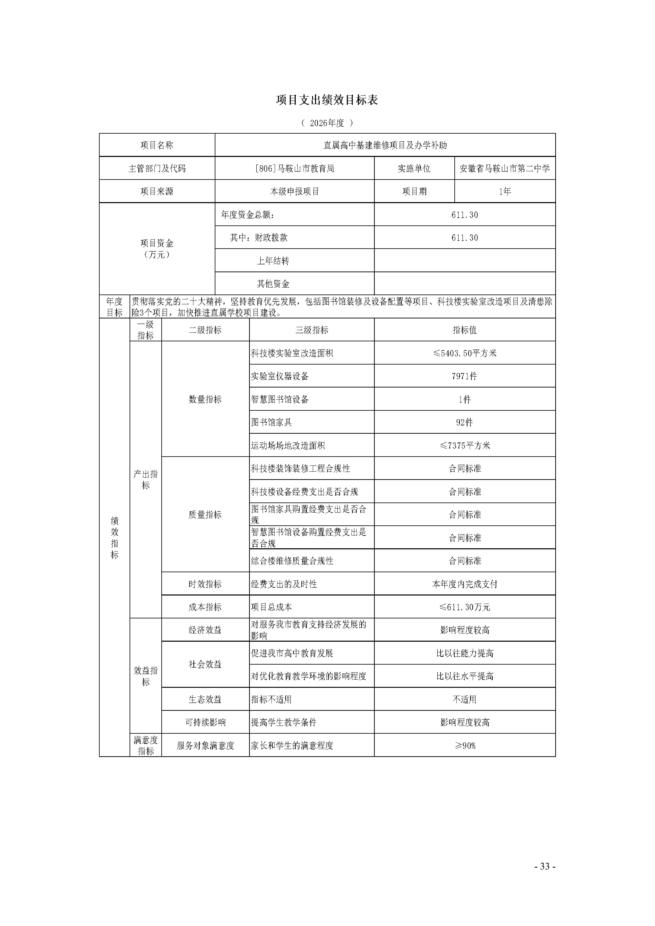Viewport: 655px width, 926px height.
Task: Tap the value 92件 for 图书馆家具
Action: coord(465,422)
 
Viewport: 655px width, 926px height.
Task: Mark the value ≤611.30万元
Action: coord(465,607)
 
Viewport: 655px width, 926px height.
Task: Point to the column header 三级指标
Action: coord(312,330)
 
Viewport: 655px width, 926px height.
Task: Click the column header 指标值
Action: coord(465,330)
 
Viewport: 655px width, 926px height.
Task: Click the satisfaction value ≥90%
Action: coord(465,746)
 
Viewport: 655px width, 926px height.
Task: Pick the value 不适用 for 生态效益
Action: coord(465,699)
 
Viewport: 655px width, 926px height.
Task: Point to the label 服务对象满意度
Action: coord(205,746)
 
